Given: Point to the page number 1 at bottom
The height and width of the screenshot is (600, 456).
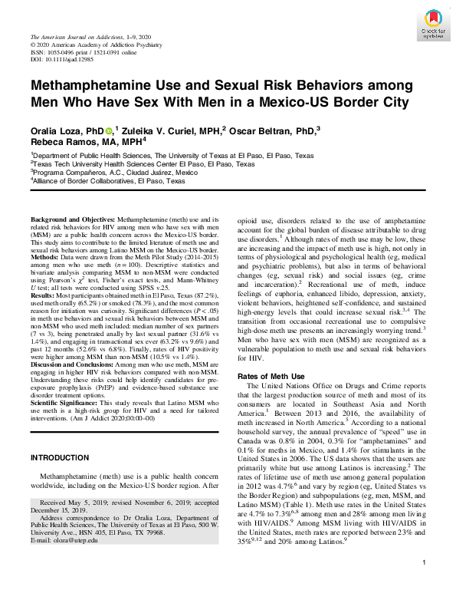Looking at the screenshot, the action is coord(424,584).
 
